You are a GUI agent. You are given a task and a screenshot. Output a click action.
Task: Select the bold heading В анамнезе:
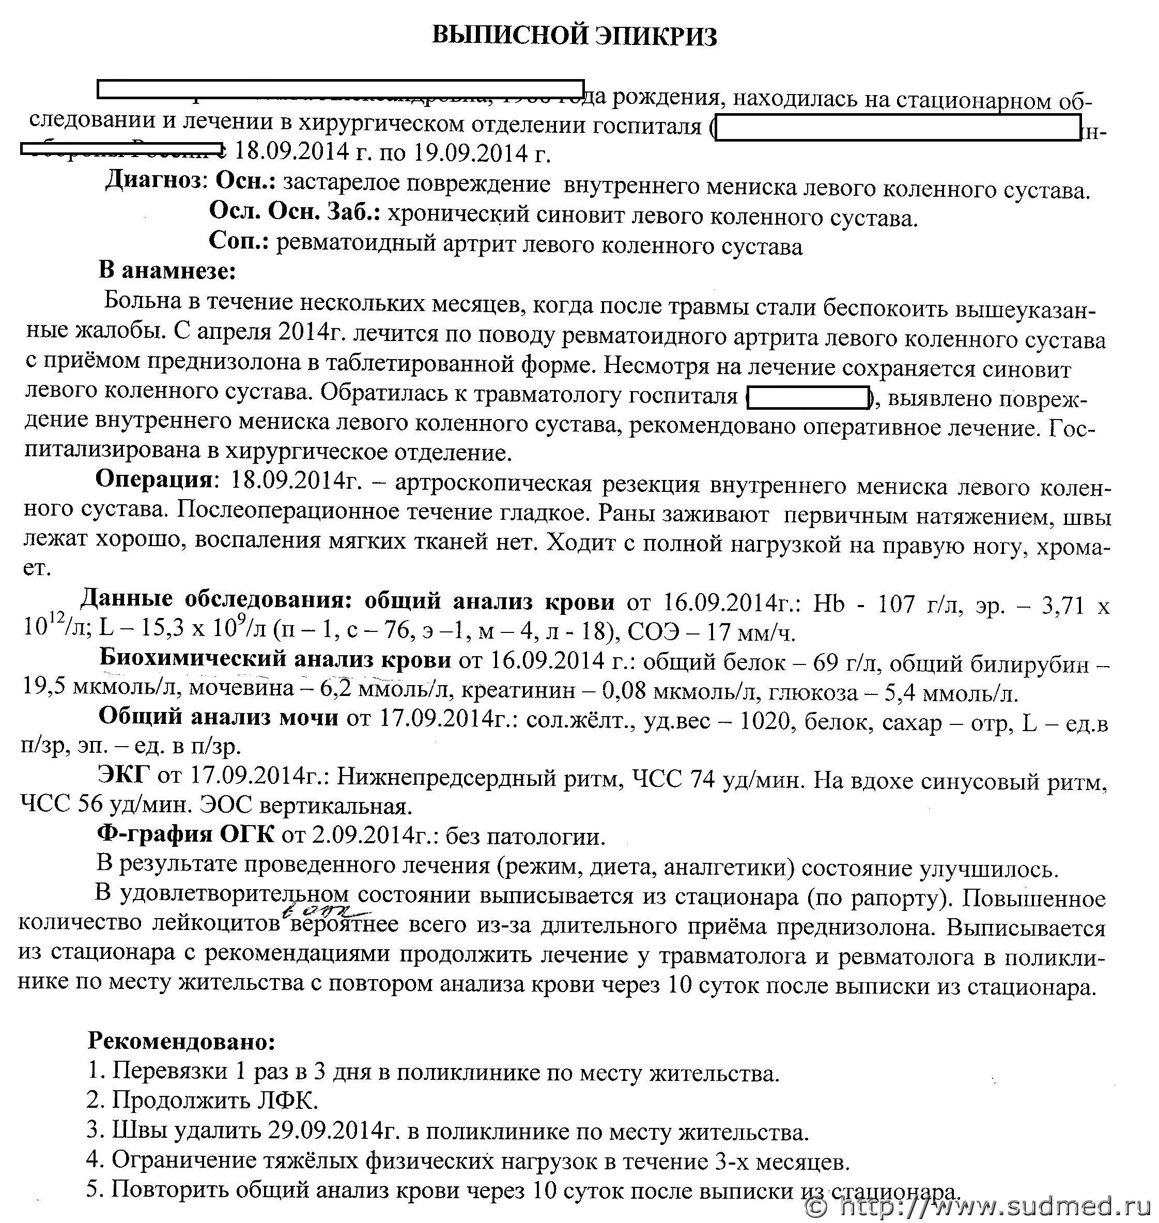click(167, 271)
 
